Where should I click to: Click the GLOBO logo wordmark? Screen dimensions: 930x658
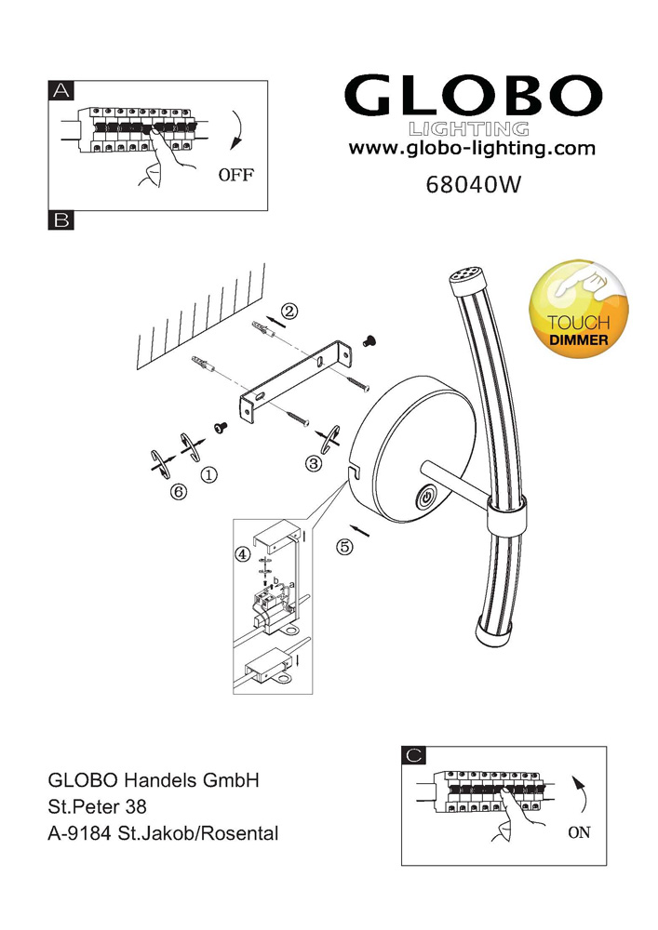click(473, 96)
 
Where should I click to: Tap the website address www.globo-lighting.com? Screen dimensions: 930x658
click(472, 148)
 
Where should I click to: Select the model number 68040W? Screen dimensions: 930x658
click(471, 183)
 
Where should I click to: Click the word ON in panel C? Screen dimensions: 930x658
click(579, 832)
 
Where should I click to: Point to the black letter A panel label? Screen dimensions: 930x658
click(60, 90)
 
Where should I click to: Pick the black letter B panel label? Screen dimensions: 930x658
click(60, 220)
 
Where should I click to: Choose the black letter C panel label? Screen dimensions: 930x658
click(415, 755)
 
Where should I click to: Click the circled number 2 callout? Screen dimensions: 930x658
click(289, 312)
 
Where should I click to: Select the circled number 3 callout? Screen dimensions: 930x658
click(315, 462)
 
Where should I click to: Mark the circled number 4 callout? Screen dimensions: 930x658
click(243, 553)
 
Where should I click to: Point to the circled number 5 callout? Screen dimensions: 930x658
click(344, 547)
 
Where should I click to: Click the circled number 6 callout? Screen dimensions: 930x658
click(179, 492)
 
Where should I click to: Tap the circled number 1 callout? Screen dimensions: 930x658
click(209, 474)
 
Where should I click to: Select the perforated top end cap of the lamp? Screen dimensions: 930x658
click(463, 276)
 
